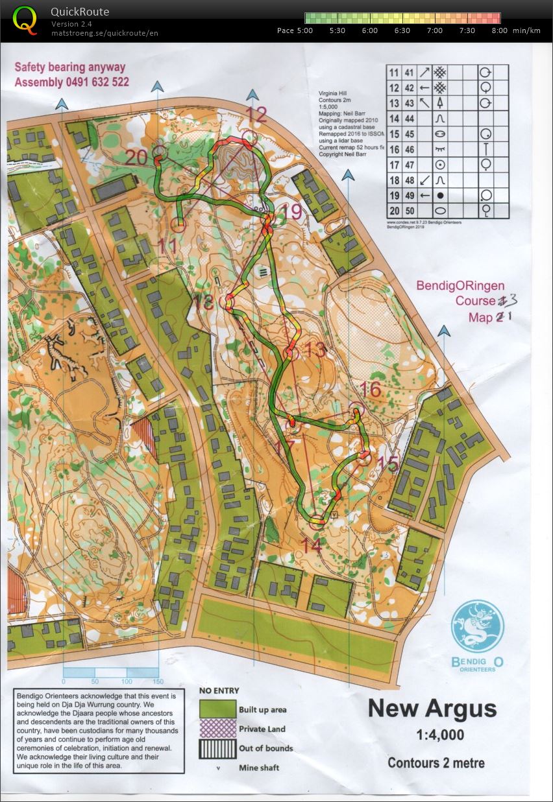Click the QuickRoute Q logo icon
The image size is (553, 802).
click(25, 19)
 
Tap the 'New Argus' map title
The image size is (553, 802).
click(432, 708)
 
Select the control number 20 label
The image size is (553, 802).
click(137, 157)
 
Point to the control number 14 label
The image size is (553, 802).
click(312, 545)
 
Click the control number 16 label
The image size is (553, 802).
click(370, 389)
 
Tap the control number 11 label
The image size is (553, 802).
click(167, 246)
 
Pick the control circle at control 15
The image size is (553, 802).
click(364, 458)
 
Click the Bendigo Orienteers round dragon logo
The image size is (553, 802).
click(477, 626)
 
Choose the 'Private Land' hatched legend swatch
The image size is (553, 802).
click(217, 729)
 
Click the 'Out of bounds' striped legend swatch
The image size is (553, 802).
click(217, 748)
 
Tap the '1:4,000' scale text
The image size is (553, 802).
click(432, 735)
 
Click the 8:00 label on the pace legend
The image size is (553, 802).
click(500, 30)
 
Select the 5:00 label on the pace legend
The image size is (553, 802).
click(304, 30)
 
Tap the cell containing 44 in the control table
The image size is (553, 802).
click(410, 119)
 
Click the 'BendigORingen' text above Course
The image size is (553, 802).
click(460, 286)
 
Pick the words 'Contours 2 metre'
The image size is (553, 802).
click(436, 763)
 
